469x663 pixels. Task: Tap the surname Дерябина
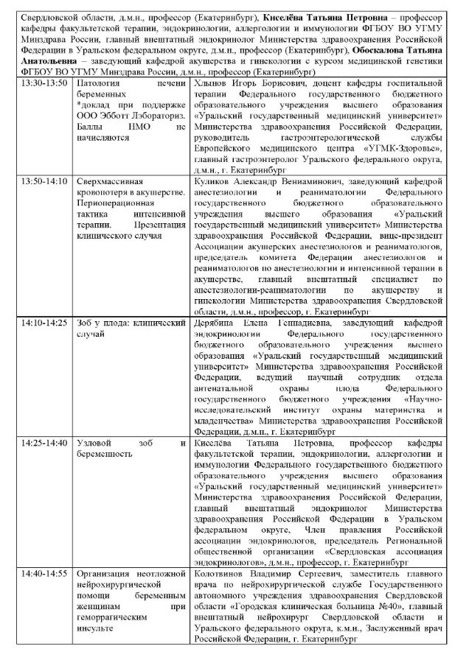213,323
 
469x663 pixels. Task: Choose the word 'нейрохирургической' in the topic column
119,583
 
